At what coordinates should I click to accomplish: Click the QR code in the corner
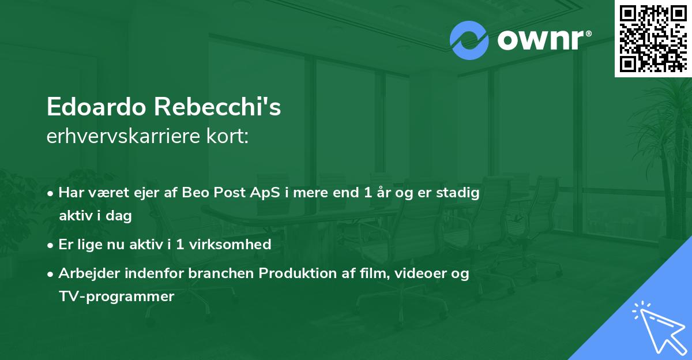pos(653,39)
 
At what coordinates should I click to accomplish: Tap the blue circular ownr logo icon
pos(468,39)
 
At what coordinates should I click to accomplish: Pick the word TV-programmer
pos(116,297)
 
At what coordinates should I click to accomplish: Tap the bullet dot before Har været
pos(51,194)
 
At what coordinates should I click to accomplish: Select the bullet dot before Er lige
pos(51,245)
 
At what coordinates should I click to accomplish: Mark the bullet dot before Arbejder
pos(51,275)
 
